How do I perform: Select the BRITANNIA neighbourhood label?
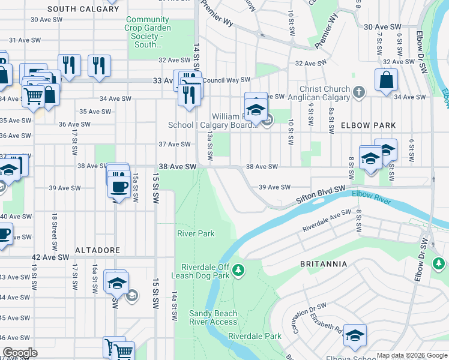coord(324,263)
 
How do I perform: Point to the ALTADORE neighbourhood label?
coord(98,250)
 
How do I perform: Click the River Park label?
coord(195,233)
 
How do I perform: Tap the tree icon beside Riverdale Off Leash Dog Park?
coord(239,271)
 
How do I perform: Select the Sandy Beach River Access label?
coord(213,317)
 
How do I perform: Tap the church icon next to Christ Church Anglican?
coord(359,92)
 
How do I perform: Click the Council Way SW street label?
coord(226,80)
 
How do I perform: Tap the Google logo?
coord(20,353)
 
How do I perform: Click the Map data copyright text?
coord(403,355)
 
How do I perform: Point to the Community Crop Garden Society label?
coord(148,32)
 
